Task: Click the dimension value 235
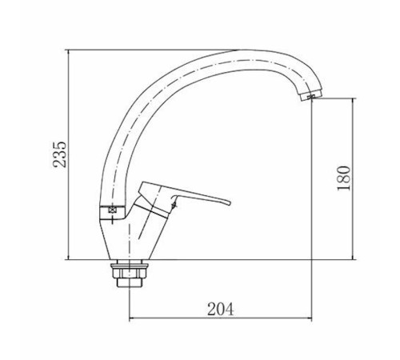pyautogui.click(x=59, y=154)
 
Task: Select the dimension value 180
pyautogui.click(x=344, y=178)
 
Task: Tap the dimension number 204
pyautogui.click(x=221, y=309)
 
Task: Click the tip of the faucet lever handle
pyautogui.click(x=230, y=203)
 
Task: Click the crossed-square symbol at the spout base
pyautogui.click(x=112, y=210)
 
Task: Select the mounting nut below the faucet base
pyautogui.click(x=130, y=274)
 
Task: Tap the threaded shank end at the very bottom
pyautogui.click(x=130, y=282)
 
